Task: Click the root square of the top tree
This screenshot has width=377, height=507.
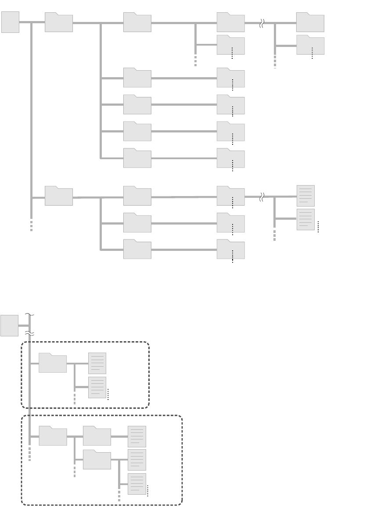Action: tap(10, 22)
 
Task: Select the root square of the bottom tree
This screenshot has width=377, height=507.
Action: tap(9, 325)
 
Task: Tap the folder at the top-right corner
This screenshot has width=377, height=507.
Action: tap(310, 23)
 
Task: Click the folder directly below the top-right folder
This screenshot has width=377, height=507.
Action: tap(310, 45)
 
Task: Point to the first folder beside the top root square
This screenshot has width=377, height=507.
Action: tap(59, 23)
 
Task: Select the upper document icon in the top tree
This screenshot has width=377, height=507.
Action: tap(306, 196)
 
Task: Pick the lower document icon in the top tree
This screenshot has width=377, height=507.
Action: tap(306, 219)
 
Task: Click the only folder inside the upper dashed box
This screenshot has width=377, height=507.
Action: tap(53, 363)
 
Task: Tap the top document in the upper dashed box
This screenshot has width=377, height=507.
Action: tap(97, 363)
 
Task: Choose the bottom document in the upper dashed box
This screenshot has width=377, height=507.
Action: tap(97, 387)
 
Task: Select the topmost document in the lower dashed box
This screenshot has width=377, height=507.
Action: tap(137, 436)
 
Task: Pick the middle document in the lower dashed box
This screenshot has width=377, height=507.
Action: tap(137, 460)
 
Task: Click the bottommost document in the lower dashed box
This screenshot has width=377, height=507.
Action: tap(137, 484)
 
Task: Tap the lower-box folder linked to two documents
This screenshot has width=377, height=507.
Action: tap(97, 460)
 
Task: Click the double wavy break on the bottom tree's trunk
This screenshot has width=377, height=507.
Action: tap(29, 334)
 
